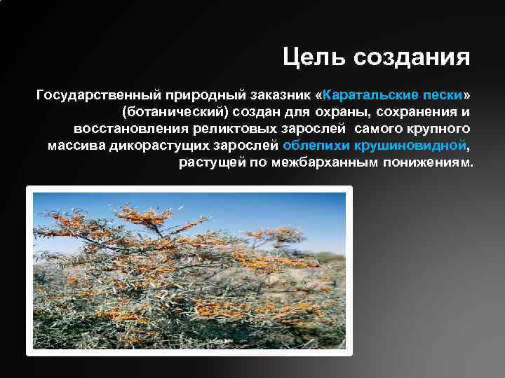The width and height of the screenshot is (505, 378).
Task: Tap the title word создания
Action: tap(412, 57)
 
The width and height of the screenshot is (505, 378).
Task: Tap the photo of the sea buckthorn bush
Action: tap(189, 270)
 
